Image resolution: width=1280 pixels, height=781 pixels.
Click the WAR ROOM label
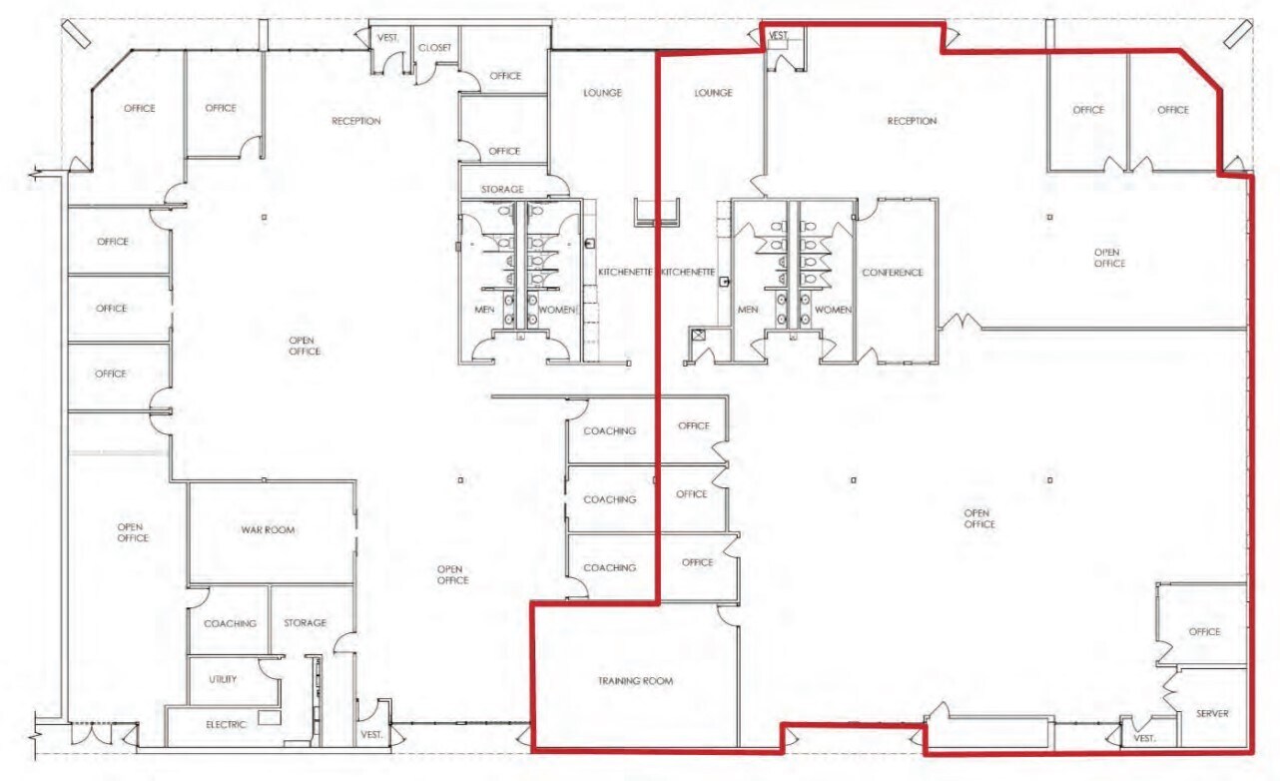coord(268,530)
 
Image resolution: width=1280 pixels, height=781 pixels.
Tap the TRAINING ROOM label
coord(635,681)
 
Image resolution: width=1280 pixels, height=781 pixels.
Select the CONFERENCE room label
coord(893,273)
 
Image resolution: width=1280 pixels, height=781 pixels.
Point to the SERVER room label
coord(1212,713)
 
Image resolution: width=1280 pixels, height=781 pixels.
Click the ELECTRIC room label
coord(226,724)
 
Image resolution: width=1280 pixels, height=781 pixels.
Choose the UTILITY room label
coord(223,679)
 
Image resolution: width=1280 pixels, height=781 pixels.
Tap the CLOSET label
coord(435,48)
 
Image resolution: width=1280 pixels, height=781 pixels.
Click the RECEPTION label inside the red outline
coord(912,121)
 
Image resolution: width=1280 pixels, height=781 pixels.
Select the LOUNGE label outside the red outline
coord(602,93)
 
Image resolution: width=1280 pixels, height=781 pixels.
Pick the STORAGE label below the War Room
coord(306,622)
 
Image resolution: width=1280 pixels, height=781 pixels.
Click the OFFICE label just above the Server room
coord(1204,632)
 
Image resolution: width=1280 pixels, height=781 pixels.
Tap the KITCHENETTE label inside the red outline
coord(688,272)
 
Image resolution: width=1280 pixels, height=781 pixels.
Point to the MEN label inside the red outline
coord(748,310)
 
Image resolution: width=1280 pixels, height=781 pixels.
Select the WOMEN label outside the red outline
coord(558,310)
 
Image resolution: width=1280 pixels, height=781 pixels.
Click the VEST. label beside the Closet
coord(388,38)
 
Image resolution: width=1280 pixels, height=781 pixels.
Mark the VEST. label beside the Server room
coord(1144,738)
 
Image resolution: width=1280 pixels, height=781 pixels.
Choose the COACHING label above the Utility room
coord(230,623)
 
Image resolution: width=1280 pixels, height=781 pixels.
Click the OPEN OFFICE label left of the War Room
coord(133,532)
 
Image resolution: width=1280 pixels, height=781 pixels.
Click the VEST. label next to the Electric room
coord(372,734)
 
